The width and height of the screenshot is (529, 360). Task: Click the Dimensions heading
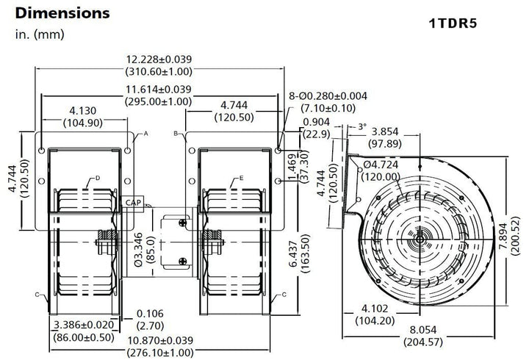[62, 13]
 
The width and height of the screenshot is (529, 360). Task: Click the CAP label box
[133, 202]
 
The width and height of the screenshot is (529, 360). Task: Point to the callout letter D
[97, 179]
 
